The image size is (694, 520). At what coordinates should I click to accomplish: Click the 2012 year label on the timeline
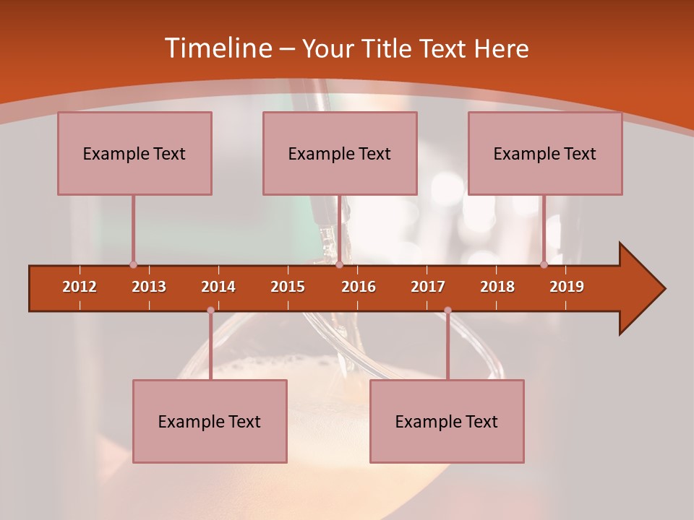point(80,287)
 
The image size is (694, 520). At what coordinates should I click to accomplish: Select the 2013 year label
point(149,287)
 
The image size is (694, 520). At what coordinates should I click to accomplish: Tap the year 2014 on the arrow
point(218,287)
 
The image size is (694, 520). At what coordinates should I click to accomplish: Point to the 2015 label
point(288,287)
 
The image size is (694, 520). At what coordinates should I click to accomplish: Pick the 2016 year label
point(359,287)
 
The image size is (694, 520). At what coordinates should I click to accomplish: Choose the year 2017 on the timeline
point(428,287)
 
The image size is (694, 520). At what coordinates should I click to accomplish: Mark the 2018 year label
point(497,287)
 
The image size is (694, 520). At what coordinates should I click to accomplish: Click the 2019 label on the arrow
point(567,287)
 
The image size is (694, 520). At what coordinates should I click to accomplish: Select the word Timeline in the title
point(217,48)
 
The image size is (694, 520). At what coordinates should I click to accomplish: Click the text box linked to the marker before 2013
point(134,153)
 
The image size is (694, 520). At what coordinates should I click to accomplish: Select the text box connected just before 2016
point(340,153)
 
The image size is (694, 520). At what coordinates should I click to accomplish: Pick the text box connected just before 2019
point(545,153)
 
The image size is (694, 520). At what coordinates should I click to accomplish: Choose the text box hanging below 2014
point(210,421)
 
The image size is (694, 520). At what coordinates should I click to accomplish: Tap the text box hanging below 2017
point(447,421)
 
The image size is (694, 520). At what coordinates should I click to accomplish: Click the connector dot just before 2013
point(133,264)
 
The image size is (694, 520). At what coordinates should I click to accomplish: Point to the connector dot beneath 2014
point(210,311)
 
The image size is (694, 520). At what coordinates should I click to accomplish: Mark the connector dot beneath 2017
point(447,311)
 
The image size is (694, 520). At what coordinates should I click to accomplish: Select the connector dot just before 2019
point(544,264)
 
